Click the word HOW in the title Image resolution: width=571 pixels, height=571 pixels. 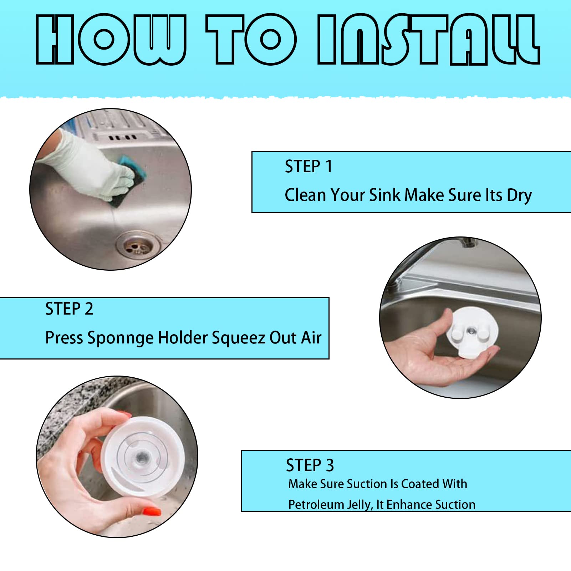pyautogui.click(x=111, y=40)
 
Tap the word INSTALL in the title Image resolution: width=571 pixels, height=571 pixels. pyautogui.click(x=429, y=40)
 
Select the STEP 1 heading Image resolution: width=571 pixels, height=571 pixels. pyautogui.click(x=309, y=167)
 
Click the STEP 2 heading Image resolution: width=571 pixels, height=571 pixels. pyautogui.click(x=69, y=309)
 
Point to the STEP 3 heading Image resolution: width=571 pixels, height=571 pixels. pyautogui.click(x=310, y=465)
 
